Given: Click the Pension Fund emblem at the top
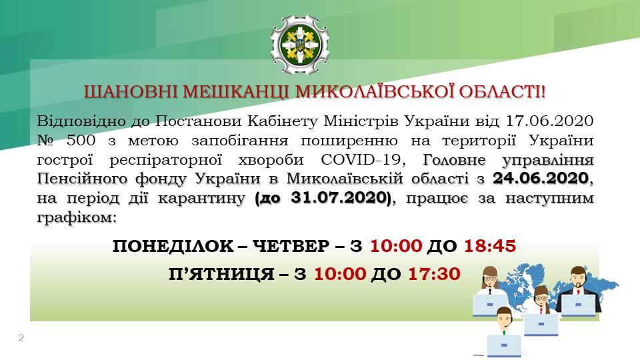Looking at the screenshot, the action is (300, 45).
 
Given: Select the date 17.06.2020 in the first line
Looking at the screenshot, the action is (549, 121).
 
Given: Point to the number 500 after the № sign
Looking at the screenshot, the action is (81, 141).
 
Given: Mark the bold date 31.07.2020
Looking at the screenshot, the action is (341, 198).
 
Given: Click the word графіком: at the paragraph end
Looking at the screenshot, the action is (77, 218).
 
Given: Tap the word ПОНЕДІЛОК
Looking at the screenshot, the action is (173, 247).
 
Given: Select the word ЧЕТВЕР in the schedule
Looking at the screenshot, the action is (291, 247).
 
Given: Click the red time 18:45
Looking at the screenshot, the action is (490, 246).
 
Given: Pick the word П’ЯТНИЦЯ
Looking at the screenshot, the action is (221, 274).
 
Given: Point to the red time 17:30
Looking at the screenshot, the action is (434, 274).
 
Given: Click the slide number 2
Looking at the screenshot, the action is (21, 337).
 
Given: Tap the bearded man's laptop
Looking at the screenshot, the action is (578, 305).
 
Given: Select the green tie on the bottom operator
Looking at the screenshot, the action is (504, 332).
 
